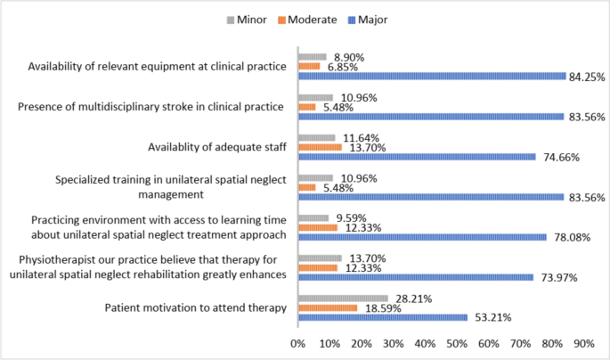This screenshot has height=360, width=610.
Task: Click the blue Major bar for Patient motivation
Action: click(x=382, y=316)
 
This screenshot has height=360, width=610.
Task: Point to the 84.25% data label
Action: click(x=587, y=77)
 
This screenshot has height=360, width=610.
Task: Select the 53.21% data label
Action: click(x=490, y=317)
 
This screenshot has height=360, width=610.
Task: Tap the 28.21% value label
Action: click(x=411, y=298)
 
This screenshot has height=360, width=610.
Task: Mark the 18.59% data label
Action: click(x=380, y=307)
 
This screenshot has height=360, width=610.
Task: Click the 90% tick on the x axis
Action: click(x=583, y=342)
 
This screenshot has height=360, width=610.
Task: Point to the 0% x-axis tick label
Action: click(x=298, y=342)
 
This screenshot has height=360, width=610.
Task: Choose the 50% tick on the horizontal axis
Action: click(x=457, y=342)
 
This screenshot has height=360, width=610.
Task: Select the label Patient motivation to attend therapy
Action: click(x=196, y=307)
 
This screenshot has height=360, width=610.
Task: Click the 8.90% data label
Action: click(x=348, y=57)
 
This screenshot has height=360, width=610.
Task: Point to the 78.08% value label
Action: click(x=570, y=237)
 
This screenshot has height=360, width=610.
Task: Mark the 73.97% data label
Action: click(x=557, y=277)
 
